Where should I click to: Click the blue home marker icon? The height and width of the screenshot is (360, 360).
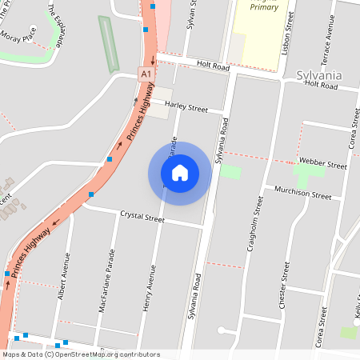pos(179,173)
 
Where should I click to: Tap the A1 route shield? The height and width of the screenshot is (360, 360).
pos(145,74)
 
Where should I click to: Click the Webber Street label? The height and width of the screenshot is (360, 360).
pos(322,163)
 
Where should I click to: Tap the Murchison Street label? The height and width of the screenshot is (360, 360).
pos(302,194)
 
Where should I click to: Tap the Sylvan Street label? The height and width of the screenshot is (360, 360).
pos(191,14)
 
